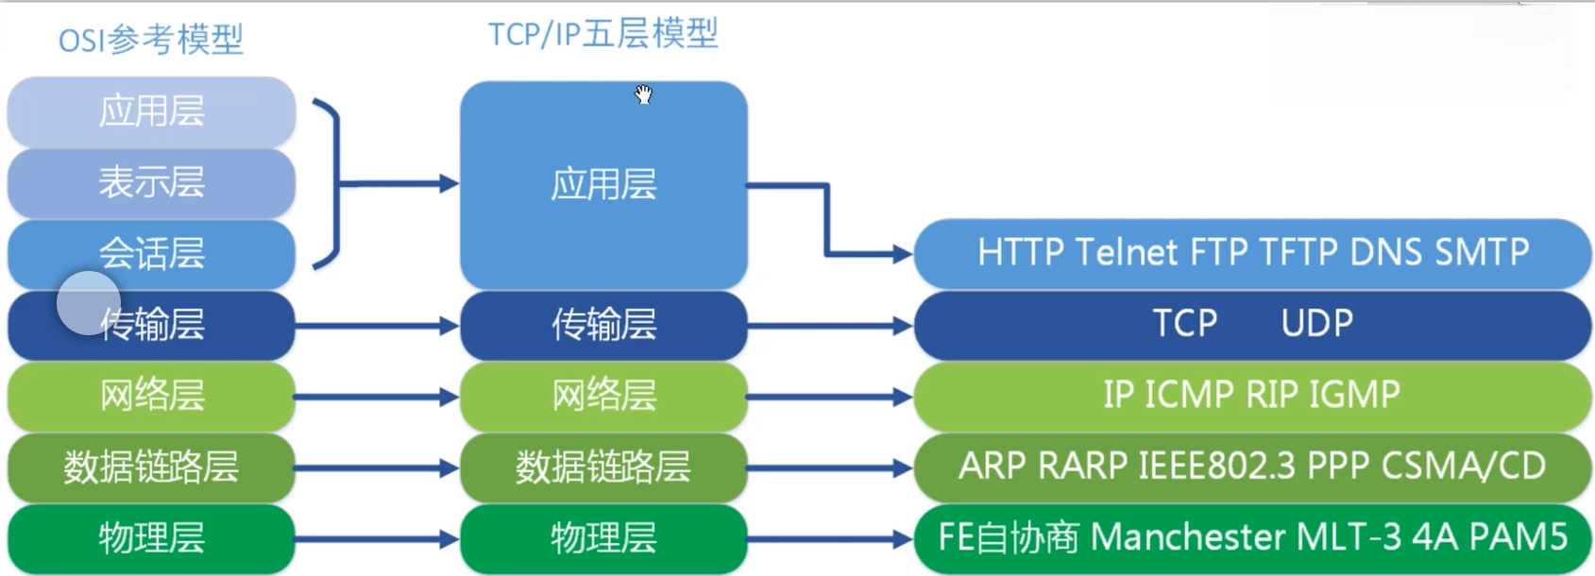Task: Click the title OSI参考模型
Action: click(x=151, y=40)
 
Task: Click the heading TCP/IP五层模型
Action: click(x=603, y=34)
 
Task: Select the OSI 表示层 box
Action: click(x=151, y=182)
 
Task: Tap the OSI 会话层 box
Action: click(x=151, y=253)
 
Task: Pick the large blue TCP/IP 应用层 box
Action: click(x=603, y=184)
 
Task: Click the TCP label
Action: click(x=1185, y=324)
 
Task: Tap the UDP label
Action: click(x=1316, y=324)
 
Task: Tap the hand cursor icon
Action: click(x=643, y=93)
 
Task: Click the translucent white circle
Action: click(x=89, y=303)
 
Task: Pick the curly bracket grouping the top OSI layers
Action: click(x=329, y=184)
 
